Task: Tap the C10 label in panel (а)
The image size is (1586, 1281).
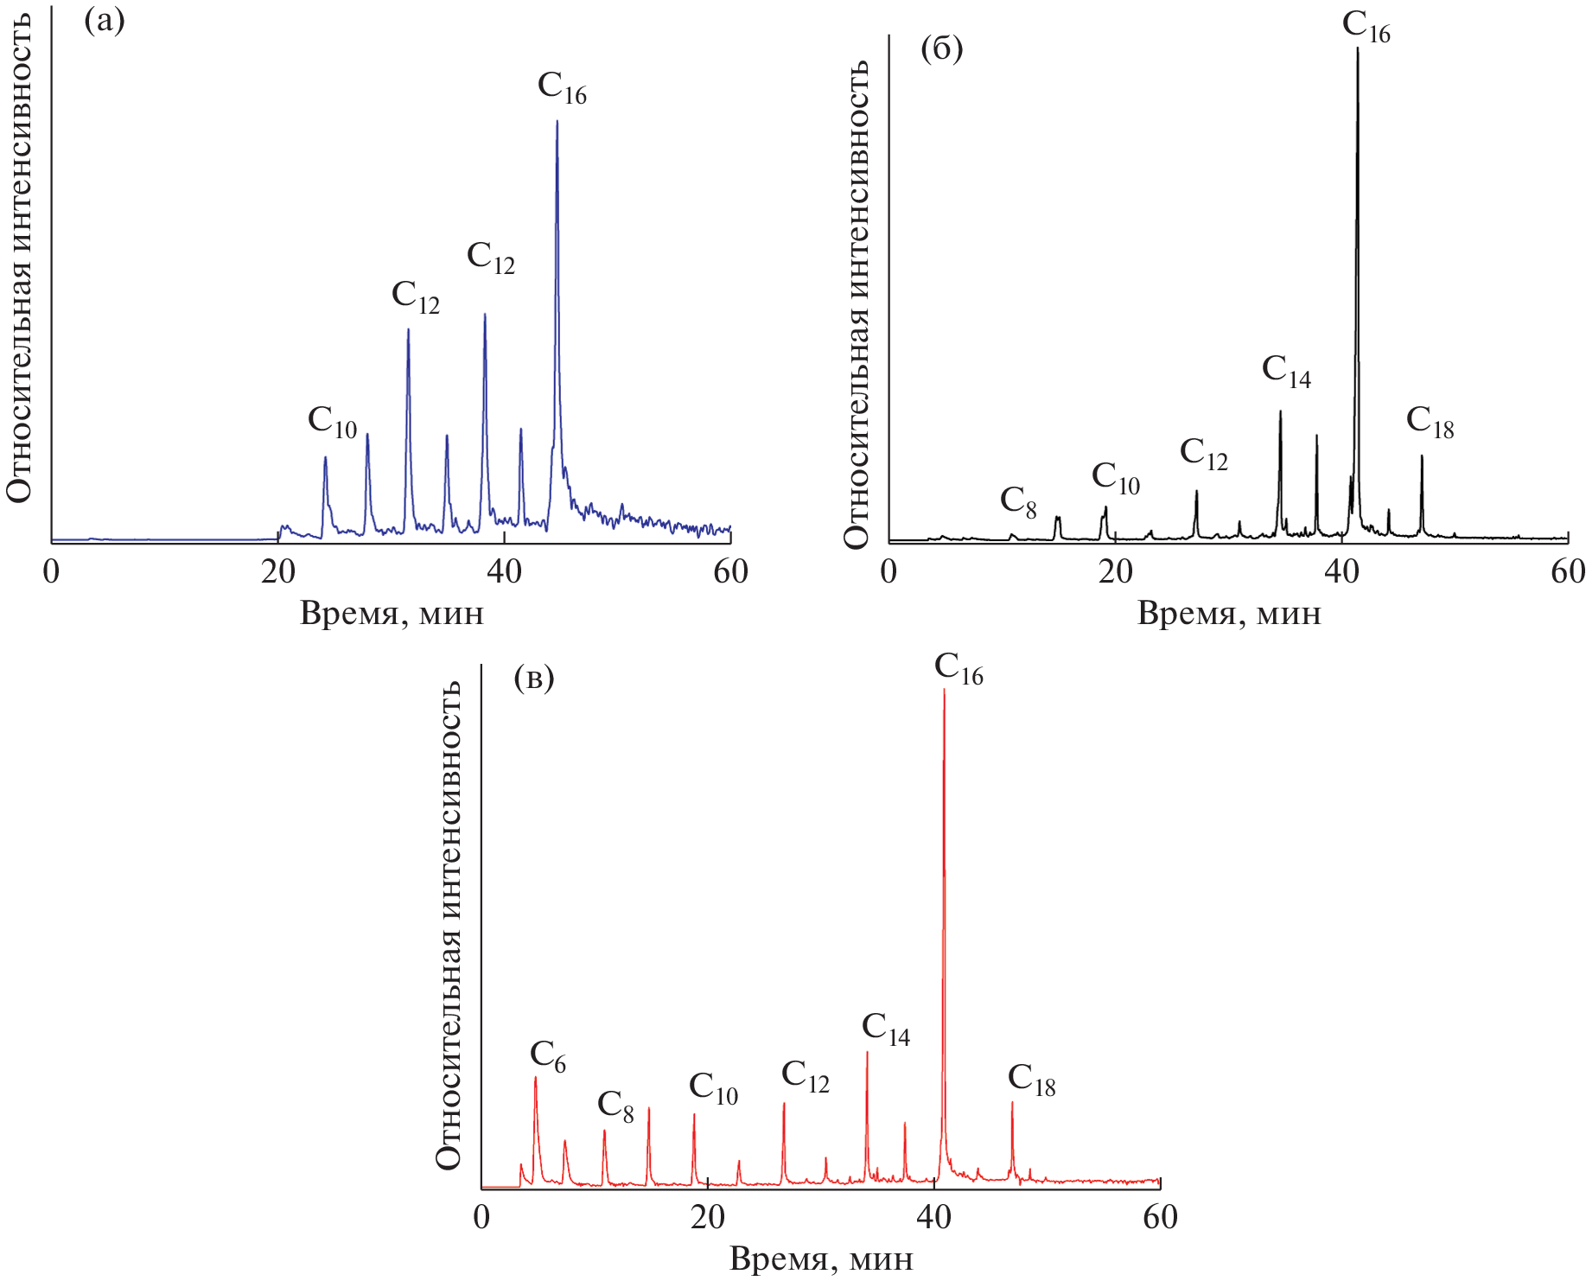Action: pos(332,423)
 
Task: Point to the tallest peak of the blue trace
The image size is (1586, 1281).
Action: pos(557,122)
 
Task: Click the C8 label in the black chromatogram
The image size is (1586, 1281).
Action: pos(1018,502)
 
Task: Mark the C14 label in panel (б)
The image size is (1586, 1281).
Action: pos(1286,372)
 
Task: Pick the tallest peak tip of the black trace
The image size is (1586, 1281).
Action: pos(1357,49)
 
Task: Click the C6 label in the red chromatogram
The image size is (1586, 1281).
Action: pos(548,1057)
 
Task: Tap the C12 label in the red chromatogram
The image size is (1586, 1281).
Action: pos(805,1077)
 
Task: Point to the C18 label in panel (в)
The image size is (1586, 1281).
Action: pos(1031,1080)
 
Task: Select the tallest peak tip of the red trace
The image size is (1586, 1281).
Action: pos(943,690)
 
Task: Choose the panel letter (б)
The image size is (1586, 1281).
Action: pos(941,48)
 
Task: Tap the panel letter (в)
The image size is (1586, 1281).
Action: pos(533,678)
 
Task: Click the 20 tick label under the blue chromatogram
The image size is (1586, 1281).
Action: pos(278,572)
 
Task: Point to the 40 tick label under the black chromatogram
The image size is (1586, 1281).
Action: pos(1341,572)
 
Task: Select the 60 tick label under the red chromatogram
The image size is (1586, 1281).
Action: pos(1160,1217)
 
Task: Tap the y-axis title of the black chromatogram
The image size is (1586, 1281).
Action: pos(856,303)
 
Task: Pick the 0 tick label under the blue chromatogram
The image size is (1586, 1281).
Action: pos(52,572)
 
